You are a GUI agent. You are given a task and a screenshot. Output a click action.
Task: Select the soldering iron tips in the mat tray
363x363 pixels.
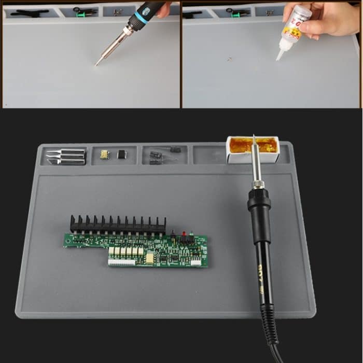(66, 157)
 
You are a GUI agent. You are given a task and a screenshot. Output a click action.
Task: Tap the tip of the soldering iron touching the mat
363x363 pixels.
(97, 64)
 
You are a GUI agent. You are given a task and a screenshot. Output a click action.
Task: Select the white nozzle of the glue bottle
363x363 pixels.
(281, 52)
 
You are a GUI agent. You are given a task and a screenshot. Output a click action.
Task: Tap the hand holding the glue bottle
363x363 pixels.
(332, 18)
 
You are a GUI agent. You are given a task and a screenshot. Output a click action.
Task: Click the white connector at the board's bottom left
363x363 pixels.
(121, 262)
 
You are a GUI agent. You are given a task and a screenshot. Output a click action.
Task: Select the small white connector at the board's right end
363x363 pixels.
(196, 262)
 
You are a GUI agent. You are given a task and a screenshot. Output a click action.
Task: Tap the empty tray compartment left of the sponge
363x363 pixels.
(209, 154)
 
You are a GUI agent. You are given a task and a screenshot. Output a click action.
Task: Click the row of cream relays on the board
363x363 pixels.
(125, 252)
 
